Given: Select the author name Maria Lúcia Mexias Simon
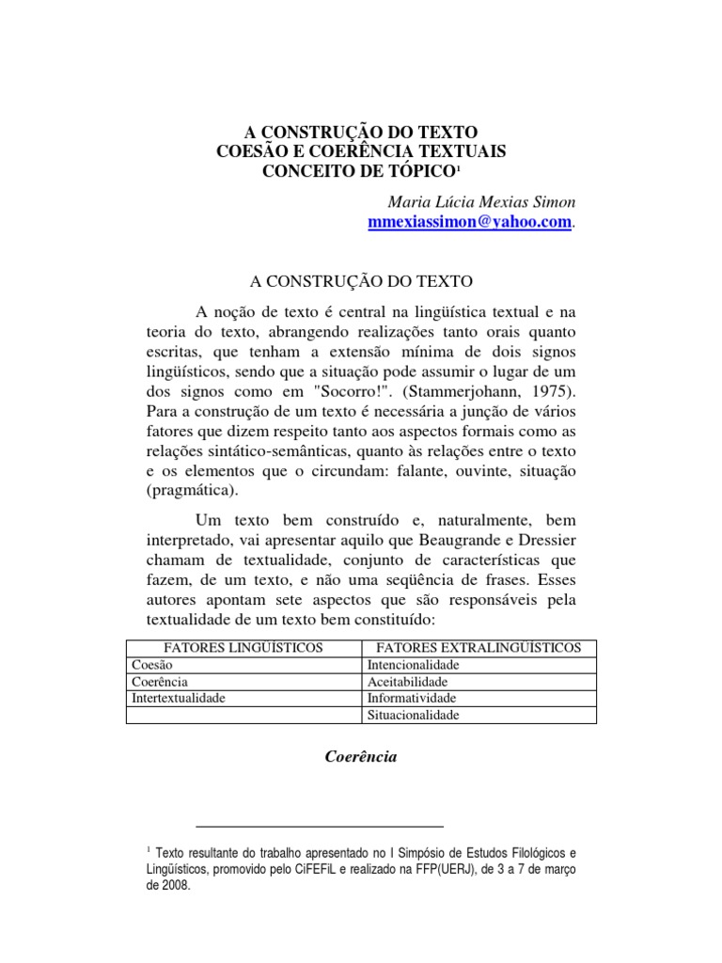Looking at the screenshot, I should coord(480,203).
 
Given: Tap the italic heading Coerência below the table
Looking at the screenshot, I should coord(361,756).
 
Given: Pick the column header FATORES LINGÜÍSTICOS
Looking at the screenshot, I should coord(243,648).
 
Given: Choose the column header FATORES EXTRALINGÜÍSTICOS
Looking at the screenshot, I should coord(479,648).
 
